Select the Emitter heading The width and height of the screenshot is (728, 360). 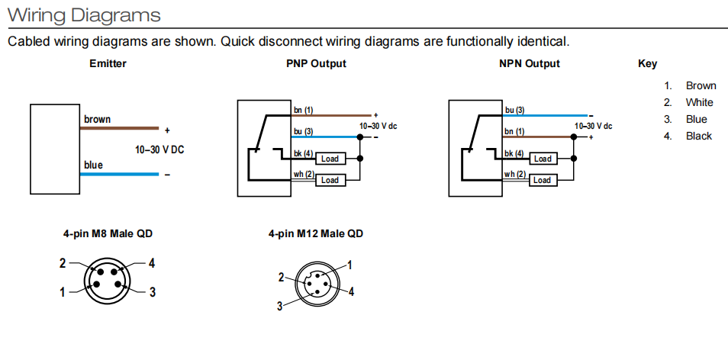[x=108, y=64]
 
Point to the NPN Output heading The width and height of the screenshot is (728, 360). [x=529, y=64]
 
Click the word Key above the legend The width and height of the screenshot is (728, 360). [x=647, y=64]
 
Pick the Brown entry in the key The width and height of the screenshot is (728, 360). [x=701, y=85]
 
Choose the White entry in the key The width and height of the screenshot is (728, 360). [x=699, y=102]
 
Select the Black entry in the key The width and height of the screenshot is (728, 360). [x=698, y=136]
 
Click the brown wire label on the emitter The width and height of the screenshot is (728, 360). [x=97, y=119]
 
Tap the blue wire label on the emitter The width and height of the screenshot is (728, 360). [x=93, y=165]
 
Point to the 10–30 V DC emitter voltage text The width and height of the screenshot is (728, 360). [x=159, y=149]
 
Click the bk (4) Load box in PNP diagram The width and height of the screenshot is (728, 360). [x=330, y=159]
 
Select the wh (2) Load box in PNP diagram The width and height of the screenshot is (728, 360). [x=330, y=180]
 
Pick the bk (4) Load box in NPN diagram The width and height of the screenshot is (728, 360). [x=543, y=159]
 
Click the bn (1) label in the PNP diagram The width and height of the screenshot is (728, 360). [x=304, y=111]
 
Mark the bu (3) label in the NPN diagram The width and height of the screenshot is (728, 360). [x=515, y=111]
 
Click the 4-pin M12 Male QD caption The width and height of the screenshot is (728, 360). [x=315, y=233]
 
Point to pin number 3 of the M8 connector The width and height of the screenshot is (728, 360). [x=152, y=292]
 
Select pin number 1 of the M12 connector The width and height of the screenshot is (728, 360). [x=350, y=265]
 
